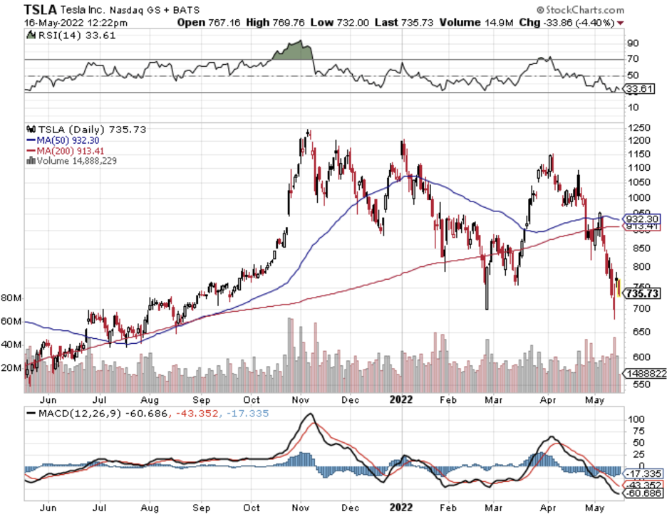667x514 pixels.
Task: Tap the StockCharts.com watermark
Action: [x=581, y=10]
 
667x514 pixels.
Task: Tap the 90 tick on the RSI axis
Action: [x=632, y=43]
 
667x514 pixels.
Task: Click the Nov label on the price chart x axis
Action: [x=303, y=400]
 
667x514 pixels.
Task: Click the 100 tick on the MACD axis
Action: [x=634, y=421]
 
